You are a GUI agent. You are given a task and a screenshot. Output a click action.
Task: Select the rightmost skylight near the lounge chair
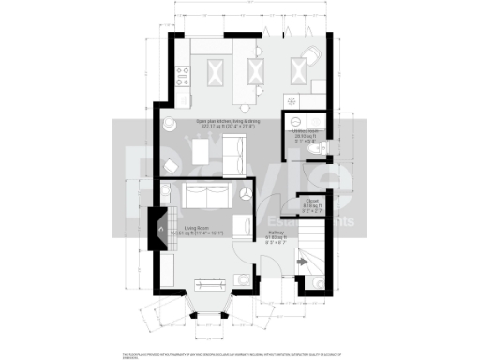click(x=300, y=68)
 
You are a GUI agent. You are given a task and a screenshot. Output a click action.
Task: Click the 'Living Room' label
click(x=195, y=228)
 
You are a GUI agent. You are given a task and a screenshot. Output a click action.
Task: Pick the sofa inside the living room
click(x=207, y=197)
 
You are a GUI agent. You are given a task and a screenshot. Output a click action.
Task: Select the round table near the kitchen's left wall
click(x=168, y=125)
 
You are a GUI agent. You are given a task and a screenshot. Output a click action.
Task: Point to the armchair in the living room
click(x=242, y=226)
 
